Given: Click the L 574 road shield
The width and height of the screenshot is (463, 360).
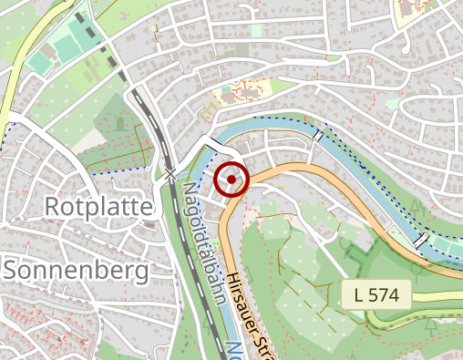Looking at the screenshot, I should pyautogui.click(x=377, y=294).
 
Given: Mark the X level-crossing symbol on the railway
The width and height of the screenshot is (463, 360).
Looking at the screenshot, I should pyautogui.click(x=170, y=173).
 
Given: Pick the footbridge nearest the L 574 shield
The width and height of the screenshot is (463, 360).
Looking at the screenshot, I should pyautogui.click(x=422, y=241).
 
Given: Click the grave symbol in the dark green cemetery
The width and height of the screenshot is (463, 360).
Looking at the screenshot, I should pyautogui.click(x=118, y=124).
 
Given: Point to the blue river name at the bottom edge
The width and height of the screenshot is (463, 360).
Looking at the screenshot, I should pyautogui.click(x=235, y=351).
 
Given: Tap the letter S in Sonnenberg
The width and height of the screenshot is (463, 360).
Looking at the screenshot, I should pyautogui.click(x=13, y=270).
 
